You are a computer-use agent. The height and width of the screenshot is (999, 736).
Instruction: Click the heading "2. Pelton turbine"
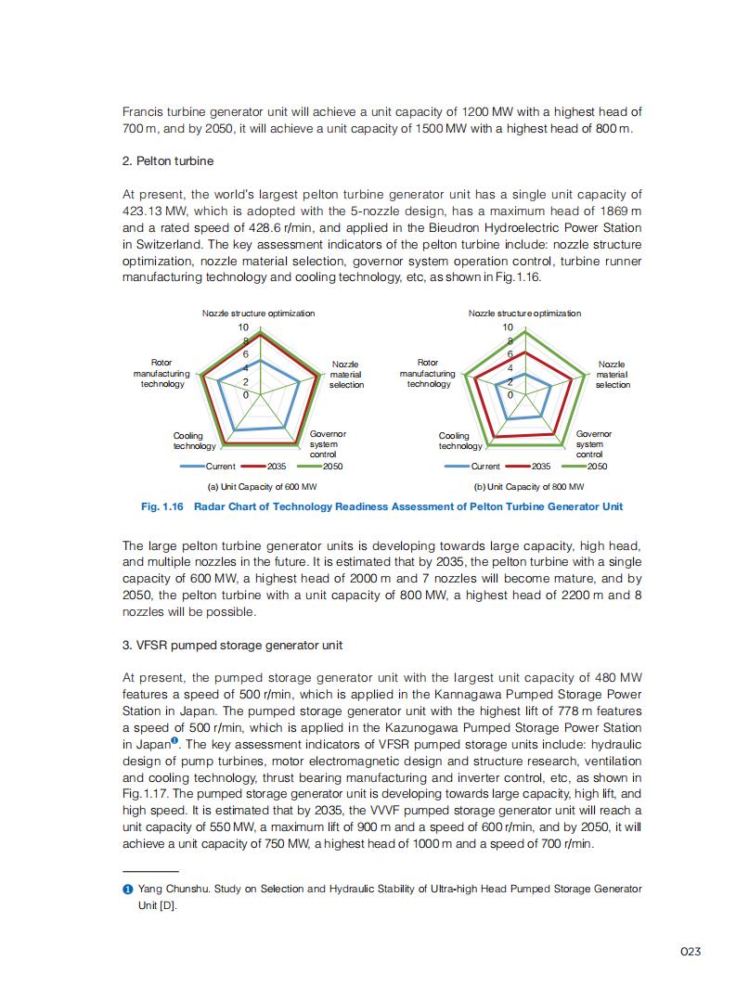click(168, 161)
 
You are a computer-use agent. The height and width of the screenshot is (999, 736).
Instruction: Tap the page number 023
click(690, 952)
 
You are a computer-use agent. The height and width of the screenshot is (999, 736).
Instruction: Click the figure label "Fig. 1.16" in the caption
click(162, 506)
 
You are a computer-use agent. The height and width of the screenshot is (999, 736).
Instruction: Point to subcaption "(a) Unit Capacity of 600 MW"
click(262, 486)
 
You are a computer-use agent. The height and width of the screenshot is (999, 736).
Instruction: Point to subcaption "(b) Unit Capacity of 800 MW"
click(529, 486)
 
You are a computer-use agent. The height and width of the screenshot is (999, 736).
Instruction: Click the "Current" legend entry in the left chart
click(220, 466)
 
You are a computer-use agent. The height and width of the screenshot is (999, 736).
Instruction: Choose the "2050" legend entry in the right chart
click(596, 466)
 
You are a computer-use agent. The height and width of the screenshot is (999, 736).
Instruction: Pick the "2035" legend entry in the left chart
click(277, 466)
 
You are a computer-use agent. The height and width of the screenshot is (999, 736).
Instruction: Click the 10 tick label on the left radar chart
click(243, 327)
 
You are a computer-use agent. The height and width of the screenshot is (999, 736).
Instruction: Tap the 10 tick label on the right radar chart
click(508, 327)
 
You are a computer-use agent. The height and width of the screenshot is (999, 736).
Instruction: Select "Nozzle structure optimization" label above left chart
click(258, 314)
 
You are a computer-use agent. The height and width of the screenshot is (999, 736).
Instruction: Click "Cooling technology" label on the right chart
click(455, 441)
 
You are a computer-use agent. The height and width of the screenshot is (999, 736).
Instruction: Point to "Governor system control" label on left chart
click(327, 443)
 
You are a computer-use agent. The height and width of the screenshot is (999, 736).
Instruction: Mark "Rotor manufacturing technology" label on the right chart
click(428, 373)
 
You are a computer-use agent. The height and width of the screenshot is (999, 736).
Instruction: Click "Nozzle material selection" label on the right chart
click(612, 375)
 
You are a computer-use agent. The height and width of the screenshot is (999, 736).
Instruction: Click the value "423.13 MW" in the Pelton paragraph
click(151, 211)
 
